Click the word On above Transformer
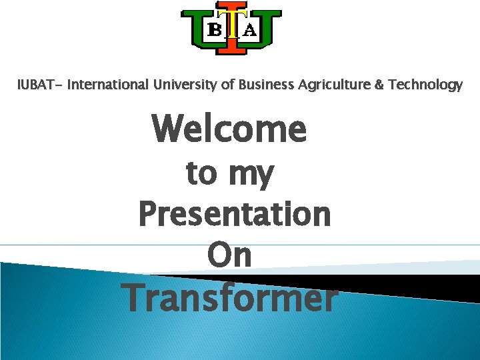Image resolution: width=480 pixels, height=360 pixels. [229, 255]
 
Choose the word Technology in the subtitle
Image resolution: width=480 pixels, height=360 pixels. [422, 85]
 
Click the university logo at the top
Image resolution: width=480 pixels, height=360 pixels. [232, 31]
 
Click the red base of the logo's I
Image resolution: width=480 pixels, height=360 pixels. [233, 49]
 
